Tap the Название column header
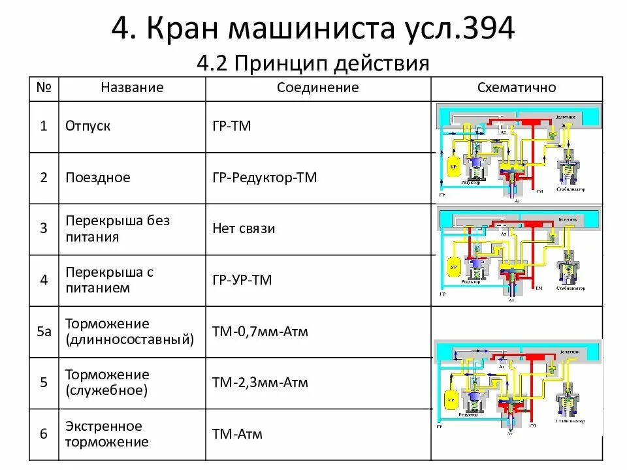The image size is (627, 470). [132, 87]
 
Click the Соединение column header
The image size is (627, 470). [317, 87]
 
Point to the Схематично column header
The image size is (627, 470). [517, 87]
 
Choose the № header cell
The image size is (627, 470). [44, 87]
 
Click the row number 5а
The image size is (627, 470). [44, 332]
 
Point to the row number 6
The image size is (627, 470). [44, 434]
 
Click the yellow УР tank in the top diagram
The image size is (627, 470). [452, 166]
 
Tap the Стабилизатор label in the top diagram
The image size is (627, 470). [571, 189]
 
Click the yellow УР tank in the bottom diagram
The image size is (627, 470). [449, 398]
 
